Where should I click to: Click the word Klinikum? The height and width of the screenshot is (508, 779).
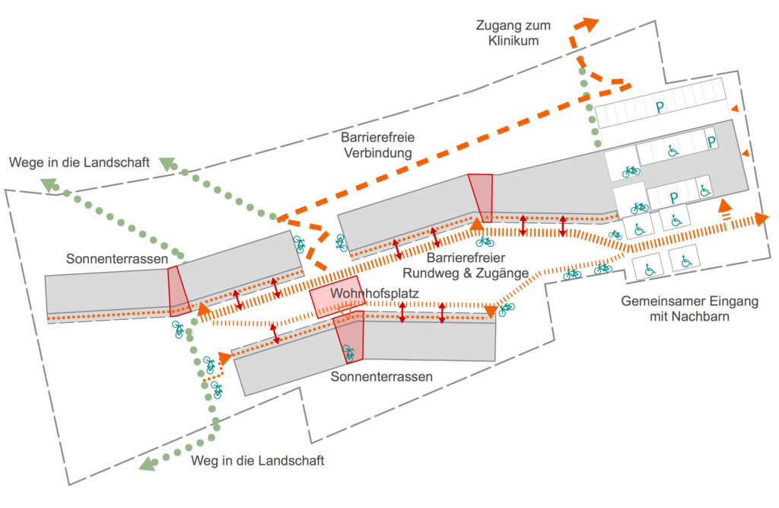tap(514, 40)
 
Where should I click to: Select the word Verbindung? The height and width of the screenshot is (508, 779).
tap(377, 153)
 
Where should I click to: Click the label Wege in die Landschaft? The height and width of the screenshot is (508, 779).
tap(80, 162)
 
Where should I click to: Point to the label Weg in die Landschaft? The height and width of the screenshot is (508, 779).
tap(258, 461)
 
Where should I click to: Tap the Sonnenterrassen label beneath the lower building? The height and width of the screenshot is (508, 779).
tap(382, 376)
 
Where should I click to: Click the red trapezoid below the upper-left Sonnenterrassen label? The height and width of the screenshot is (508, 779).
tap(178, 288)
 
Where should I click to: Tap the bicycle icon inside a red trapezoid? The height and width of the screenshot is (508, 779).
tap(348, 353)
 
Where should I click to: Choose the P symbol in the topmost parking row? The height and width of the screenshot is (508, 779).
tap(660, 108)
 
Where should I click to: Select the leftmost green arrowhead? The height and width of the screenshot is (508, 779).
tap(49, 184)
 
